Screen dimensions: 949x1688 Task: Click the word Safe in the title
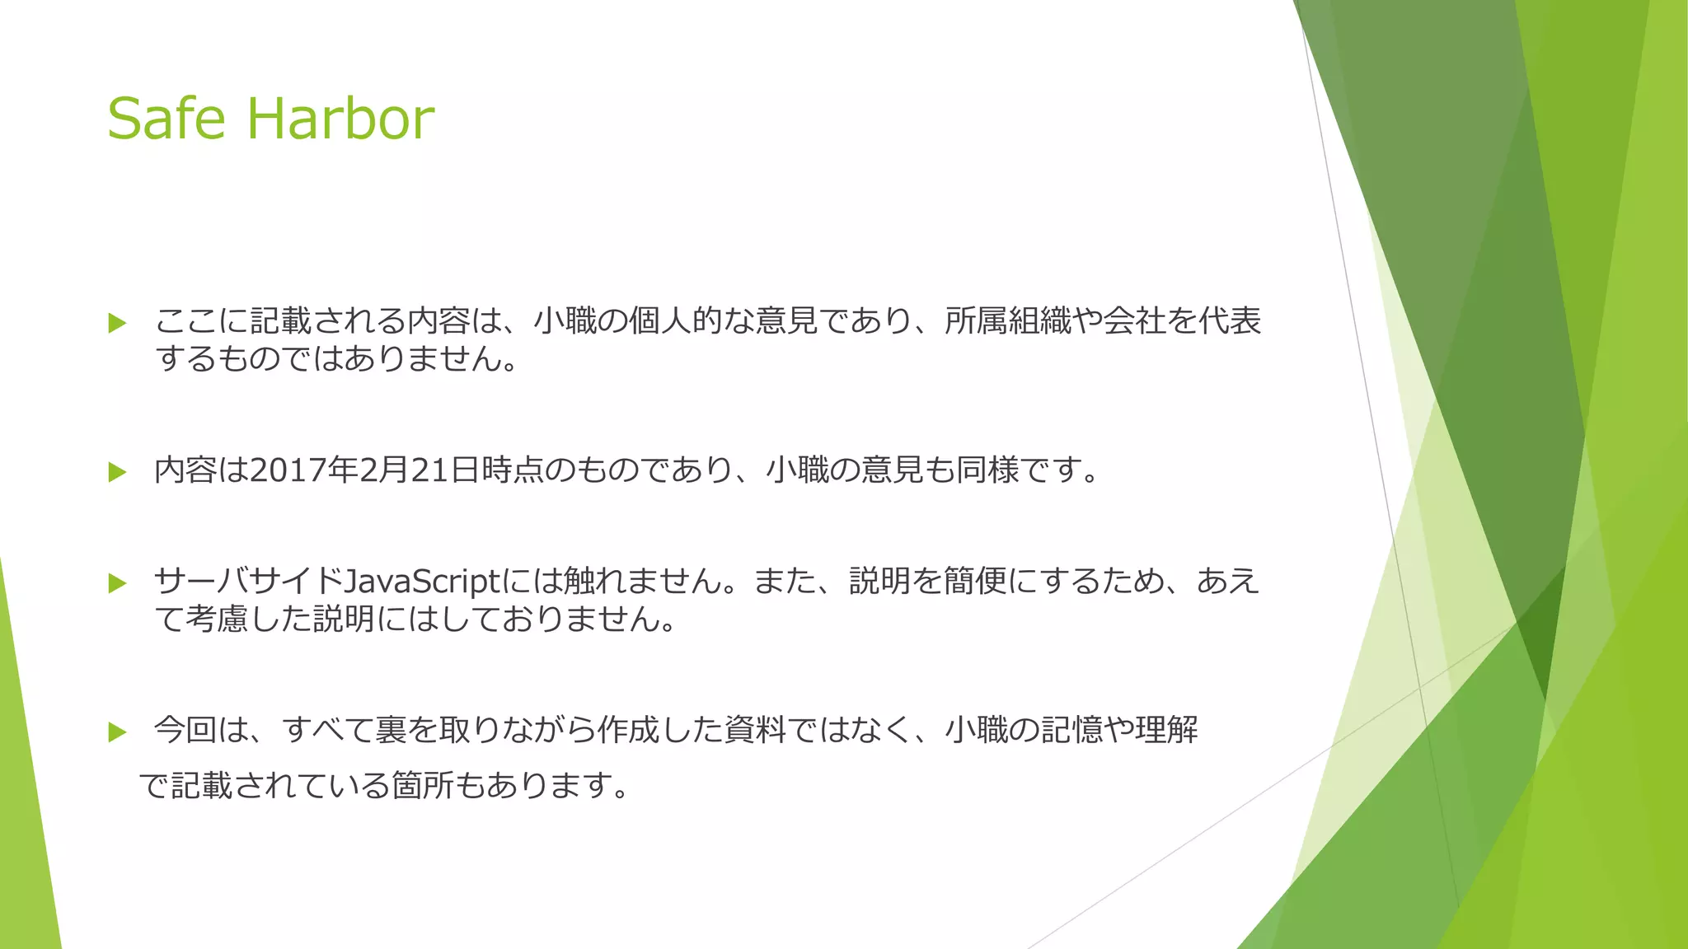tap(166, 119)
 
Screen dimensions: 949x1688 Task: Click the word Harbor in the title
tap(340, 119)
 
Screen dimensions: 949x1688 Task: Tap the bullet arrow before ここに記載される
tap(117, 323)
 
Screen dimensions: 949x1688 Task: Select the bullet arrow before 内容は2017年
tap(117, 472)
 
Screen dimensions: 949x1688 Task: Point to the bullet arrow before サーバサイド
tap(117, 583)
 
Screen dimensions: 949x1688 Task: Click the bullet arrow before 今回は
tap(117, 732)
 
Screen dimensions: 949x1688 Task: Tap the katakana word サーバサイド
tap(248, 582)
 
